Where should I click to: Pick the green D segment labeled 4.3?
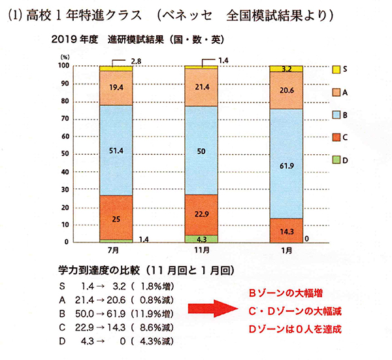pos(202,239)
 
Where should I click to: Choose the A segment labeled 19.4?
pos(116,86)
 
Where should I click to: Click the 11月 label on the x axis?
pos(202,251)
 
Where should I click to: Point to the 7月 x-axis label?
pos(116,251)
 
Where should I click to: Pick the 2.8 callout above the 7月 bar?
pos(137,61)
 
